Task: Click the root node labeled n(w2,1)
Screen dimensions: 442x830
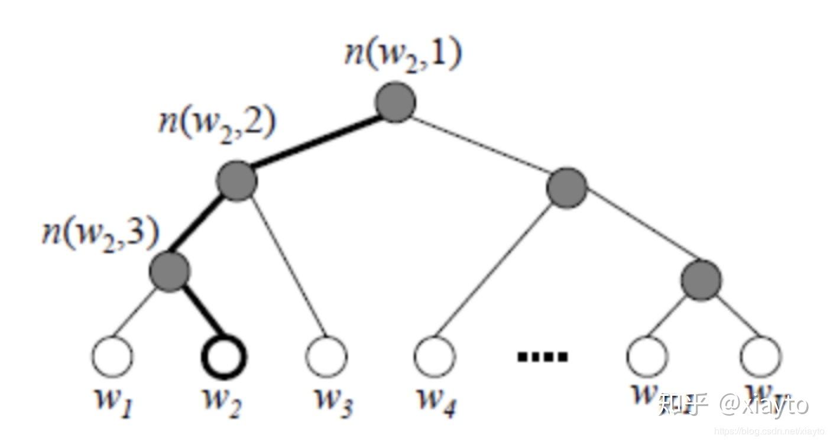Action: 395,102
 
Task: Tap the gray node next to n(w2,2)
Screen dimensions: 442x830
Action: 237,181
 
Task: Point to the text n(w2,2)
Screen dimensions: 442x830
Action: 216,125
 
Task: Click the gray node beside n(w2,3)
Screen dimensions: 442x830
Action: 169,270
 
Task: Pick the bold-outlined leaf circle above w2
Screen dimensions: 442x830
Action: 223,356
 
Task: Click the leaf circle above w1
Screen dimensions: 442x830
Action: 112,356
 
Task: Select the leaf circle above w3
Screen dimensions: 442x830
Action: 327,356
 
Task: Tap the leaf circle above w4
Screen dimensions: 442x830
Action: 435,356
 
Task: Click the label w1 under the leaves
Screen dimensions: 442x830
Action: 112,401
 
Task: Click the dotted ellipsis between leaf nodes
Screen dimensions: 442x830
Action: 542,356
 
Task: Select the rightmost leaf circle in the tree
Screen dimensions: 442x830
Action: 761,356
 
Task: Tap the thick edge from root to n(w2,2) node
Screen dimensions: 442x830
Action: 316,142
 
